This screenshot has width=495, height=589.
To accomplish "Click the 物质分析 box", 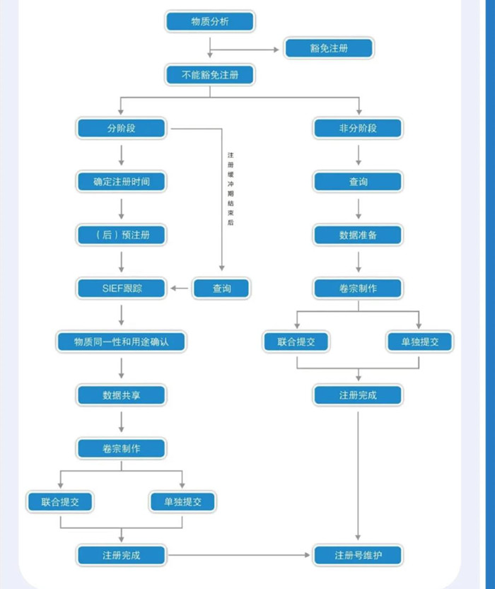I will [x=209, y=22].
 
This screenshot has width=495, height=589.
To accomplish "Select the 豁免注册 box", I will [x=329, y=49].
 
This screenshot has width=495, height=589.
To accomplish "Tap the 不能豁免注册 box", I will [x=209, y=74].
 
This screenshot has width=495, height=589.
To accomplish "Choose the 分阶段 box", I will [x=122, y=128].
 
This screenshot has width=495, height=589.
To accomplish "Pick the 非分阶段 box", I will [x=358, y=128].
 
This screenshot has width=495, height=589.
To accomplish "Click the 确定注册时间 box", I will [x=122, y=182].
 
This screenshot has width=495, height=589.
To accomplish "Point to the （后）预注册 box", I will [x=122, y=235].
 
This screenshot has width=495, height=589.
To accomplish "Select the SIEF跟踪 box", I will [x=122, y=288].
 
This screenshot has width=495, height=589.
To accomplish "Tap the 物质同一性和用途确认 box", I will [x=122, y=342].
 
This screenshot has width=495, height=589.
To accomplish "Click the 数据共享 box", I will [x=122, y=395].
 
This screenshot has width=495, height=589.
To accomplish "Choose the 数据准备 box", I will [x=358, y=235].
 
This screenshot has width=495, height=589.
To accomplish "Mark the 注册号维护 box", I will [x=358, y=555].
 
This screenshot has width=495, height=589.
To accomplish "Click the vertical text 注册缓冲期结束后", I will [x=231, y=188].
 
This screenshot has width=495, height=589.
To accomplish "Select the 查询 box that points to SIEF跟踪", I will [x=221, y=288].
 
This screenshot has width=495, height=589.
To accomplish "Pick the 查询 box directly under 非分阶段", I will [x=358, y=182].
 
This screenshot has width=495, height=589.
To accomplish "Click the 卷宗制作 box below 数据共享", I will [x=122, y=448].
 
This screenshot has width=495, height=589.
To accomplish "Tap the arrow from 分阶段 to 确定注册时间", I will [x=122, y=155].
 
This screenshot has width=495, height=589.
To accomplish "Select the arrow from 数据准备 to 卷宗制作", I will [x=358, y=262].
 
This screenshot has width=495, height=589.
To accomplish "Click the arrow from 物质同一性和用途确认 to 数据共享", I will [x=122, y=368].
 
